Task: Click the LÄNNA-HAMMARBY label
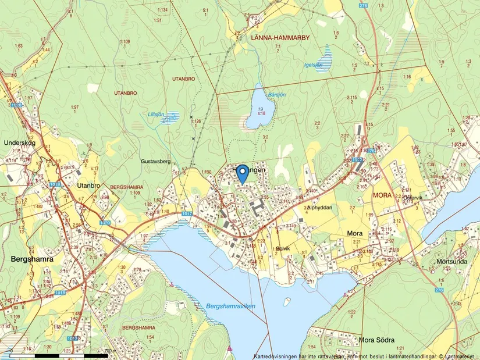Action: coord(279,37)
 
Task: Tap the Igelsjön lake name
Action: coord(312,65)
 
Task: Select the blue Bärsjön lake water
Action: coord(256,108)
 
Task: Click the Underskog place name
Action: coord(20,142)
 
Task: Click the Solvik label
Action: coord(283,248)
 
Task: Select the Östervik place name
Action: coord(415,197)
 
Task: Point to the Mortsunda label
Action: coord(451,261)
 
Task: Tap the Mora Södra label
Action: coord(376,340)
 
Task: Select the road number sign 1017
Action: coord(186,214)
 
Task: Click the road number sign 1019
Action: coord(55,184)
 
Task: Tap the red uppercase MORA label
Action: coord(382,195)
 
